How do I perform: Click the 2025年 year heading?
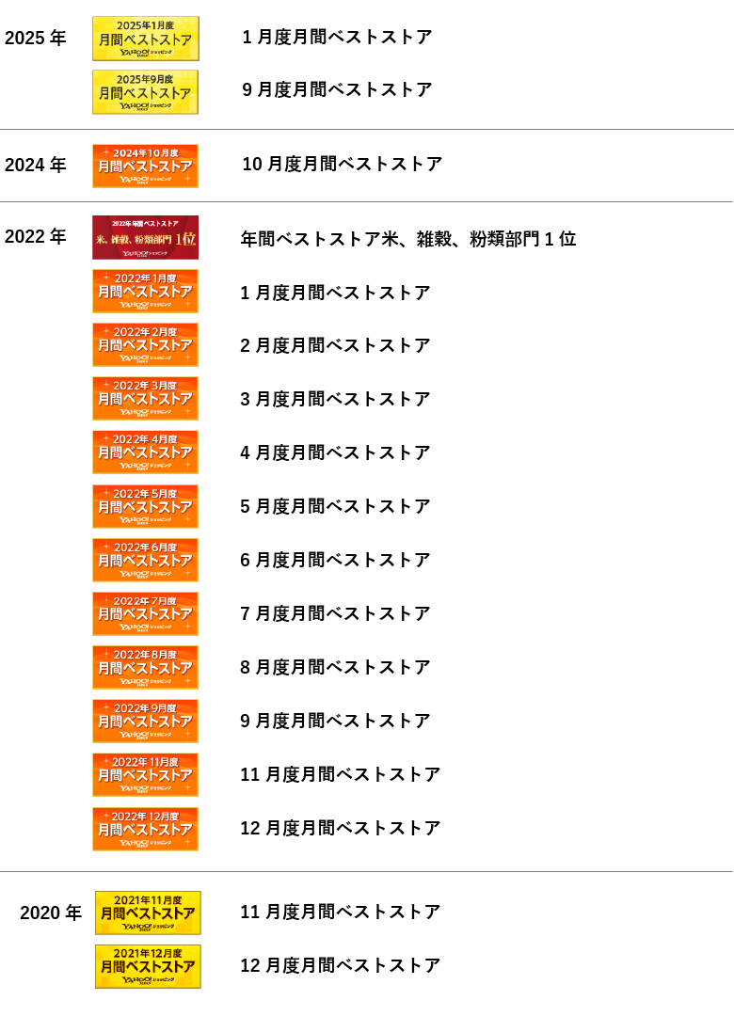[x=36, y=39]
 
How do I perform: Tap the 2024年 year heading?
[x=36, y=165]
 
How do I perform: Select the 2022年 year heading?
[x=36, y=237]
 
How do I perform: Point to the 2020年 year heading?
[x=51, y=913]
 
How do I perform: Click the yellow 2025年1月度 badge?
[x=145, y=39]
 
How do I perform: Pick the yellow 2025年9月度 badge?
[x=145, y=91]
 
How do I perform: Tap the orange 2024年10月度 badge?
[x=145, y=166]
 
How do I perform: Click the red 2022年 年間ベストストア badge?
[x=145, y=237]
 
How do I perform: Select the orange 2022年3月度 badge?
[x=145, y=398]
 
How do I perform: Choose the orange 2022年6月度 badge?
[x=145, y=560]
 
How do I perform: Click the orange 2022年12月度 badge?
[x=145, y=829]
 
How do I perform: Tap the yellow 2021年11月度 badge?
[x=148, y=913]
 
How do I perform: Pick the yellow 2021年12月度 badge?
[x=148, y=966]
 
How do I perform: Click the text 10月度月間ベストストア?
[x=342, y=165]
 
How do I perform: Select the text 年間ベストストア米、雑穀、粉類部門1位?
[x=407, y=239]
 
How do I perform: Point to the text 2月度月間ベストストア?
[x=335, y=345]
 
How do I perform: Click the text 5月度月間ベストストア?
[x=335, y=506]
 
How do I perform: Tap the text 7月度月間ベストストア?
[x=335, y=613]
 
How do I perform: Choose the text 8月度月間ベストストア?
[x=335, y=667]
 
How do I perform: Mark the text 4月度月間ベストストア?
[x=335, y=452]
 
